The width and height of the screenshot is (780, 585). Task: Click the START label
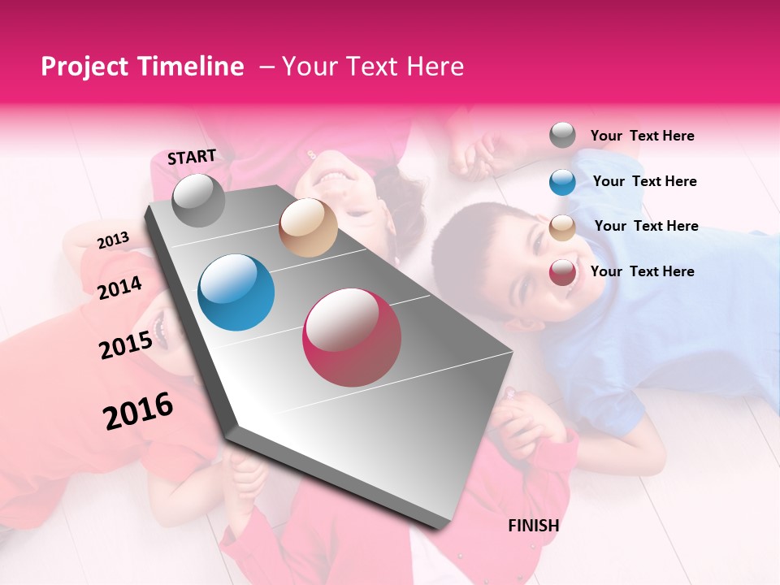tap(192, 157)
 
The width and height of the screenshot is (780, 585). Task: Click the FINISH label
tap(533, 526)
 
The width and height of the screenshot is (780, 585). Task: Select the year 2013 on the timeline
tap(113, 240)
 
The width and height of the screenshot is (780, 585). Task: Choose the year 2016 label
tap(138, 411)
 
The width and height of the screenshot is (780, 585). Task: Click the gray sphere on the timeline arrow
tap(199, 200)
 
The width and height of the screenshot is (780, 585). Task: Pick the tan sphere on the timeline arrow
tap(308, 227)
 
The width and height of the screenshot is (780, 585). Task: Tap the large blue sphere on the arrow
tap(236, 292)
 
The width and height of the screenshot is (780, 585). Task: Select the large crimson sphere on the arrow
tap(352, 337)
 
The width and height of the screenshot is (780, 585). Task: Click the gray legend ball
tap(562, 135)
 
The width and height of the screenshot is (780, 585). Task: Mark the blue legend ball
tap(562, 182)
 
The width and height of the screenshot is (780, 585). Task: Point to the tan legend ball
tap(562, 227)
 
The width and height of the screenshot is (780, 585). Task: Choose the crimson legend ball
tap(562, 272)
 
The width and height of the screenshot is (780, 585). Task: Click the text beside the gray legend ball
tap(642, 136)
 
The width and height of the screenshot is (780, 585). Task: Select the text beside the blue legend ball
tap(644, 181)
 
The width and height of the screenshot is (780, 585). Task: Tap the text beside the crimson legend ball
tap(642, 271)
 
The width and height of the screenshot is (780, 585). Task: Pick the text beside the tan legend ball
tap(646, 226)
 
